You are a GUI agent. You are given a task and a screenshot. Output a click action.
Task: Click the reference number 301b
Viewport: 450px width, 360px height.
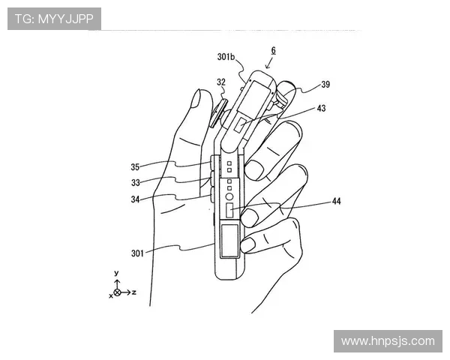(226, 57)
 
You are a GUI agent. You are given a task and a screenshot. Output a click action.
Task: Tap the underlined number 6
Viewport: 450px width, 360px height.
(274, 50)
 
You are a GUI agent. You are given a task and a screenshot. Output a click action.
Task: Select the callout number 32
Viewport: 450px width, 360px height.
(221, 82)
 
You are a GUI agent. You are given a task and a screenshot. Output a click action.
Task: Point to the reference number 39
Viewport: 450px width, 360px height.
(325, 85)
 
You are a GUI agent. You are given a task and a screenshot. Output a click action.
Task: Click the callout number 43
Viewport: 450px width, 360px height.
(322, 108)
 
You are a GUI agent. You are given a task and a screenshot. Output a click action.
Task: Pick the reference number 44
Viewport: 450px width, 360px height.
(336, 201)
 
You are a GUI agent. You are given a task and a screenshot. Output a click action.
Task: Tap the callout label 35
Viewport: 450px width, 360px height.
(135, 166)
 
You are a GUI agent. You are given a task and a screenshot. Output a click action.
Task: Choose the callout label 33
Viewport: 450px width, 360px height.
(136, 182)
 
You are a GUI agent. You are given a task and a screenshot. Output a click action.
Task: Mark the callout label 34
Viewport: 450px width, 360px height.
(135, 199)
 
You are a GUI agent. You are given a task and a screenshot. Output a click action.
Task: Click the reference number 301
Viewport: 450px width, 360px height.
(137, 253)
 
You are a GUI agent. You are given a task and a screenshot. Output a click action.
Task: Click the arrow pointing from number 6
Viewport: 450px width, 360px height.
(269, 63)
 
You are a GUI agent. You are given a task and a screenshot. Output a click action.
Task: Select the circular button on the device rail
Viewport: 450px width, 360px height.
(229, 196)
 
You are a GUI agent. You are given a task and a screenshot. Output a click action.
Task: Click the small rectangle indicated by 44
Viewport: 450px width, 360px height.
(229, 210)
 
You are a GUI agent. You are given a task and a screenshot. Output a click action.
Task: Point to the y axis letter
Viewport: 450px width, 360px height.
(116, 273)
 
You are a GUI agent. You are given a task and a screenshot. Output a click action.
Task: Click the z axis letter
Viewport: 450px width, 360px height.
(133, 292)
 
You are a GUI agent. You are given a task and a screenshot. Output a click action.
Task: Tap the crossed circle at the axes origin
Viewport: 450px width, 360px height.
(117, 292)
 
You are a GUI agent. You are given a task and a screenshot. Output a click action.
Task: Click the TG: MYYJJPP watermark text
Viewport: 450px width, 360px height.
(54, 19)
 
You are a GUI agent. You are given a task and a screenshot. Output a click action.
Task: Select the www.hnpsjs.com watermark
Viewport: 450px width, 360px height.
(388, 341)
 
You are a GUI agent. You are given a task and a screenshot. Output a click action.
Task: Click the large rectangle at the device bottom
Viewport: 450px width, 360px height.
(229, 241)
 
